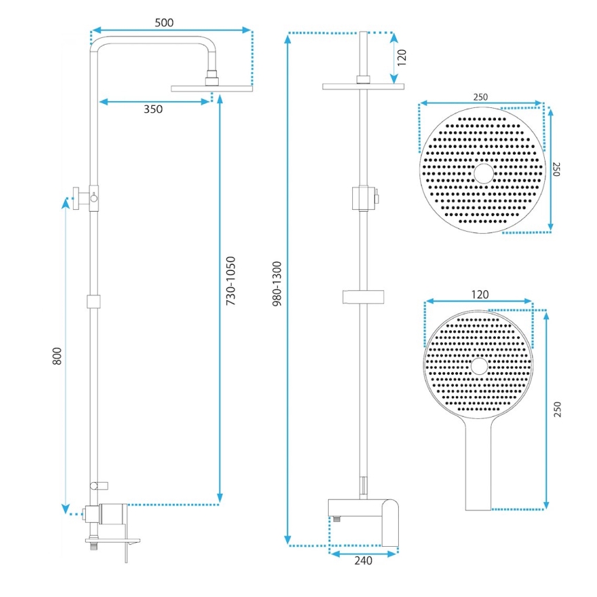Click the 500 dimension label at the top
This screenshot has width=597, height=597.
tap(164, 22)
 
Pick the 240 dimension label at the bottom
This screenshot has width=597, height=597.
tap(363, 561)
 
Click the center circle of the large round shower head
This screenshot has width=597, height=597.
tap(484, 174)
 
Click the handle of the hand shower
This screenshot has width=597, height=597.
tap(479, 468)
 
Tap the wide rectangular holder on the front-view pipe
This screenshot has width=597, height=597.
tap(363, 297)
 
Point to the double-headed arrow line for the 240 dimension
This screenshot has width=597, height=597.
tap(365, 552)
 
